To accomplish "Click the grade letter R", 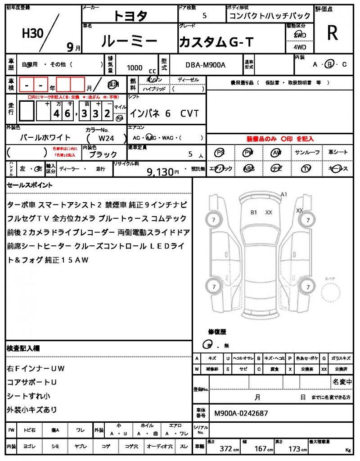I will coord(333,33).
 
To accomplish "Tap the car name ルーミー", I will coord(129,41).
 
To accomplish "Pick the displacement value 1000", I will coord(135,68).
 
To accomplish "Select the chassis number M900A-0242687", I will coord(241,413).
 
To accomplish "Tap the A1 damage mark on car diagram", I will coord(284,194).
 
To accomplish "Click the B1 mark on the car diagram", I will coord(254,212).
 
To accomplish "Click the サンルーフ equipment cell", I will coord(308,153).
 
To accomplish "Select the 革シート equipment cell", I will coord(338,153).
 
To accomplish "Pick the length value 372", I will coord(225,449).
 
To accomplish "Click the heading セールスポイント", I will coord(29,185).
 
